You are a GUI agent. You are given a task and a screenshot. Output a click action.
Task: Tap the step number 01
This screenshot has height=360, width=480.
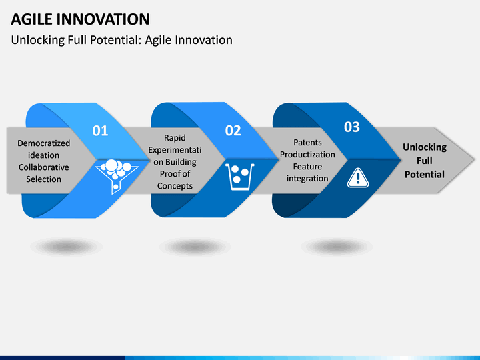pyautogui.click(x=99, y=131)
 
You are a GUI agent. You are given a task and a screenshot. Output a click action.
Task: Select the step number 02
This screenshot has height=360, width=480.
pyautogui.click(x=233, y=131)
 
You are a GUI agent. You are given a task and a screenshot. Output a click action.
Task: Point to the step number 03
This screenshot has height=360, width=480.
pyautogui.click(x=351, y=127)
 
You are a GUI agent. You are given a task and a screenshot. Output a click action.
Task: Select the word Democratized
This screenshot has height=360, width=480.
pyautogui.click(x=43, y=143)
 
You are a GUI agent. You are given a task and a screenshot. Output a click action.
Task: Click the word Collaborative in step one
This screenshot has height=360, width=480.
pyautogui.click(x=43, y=167)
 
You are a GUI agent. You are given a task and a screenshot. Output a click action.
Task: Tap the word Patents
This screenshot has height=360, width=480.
pyautogui.click(x=307, y=143)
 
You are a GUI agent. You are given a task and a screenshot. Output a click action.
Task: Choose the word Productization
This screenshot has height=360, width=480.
pyautogui.click(x=307, y=155)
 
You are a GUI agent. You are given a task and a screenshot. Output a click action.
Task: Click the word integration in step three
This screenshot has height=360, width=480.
pyautogui.click(x=307, y=179)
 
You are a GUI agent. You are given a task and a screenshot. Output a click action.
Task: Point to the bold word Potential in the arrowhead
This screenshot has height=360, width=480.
pyautogui.click(x=424, y=174)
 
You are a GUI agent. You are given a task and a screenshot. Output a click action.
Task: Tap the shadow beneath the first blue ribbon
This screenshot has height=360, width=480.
pyautogui.click(x=65, y=246)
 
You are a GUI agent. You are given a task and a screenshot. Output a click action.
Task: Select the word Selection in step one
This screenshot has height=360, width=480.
pyautogui.click(x=43, y=179)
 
